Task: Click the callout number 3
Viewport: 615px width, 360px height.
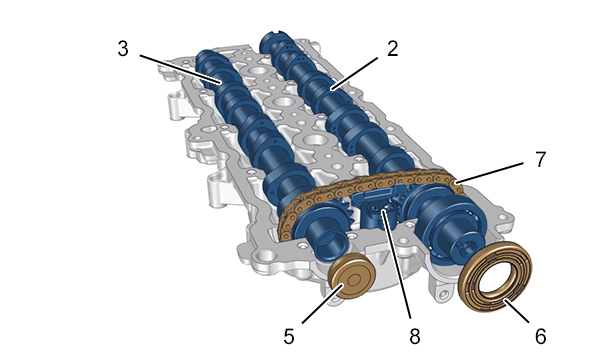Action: click(123, 49)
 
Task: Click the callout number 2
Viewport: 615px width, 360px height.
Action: click(392, 49)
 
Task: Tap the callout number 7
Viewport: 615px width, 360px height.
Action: click(540, 160)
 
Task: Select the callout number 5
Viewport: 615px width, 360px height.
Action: click(289, 336)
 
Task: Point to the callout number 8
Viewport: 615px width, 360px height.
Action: click(415, 336)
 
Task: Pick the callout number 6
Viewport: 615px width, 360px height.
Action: click(540, 336)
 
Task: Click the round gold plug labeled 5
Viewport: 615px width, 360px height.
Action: click(352, 276)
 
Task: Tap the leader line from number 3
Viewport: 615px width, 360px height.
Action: click(180, 69)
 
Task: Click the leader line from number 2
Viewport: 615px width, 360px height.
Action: click(355, 74)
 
